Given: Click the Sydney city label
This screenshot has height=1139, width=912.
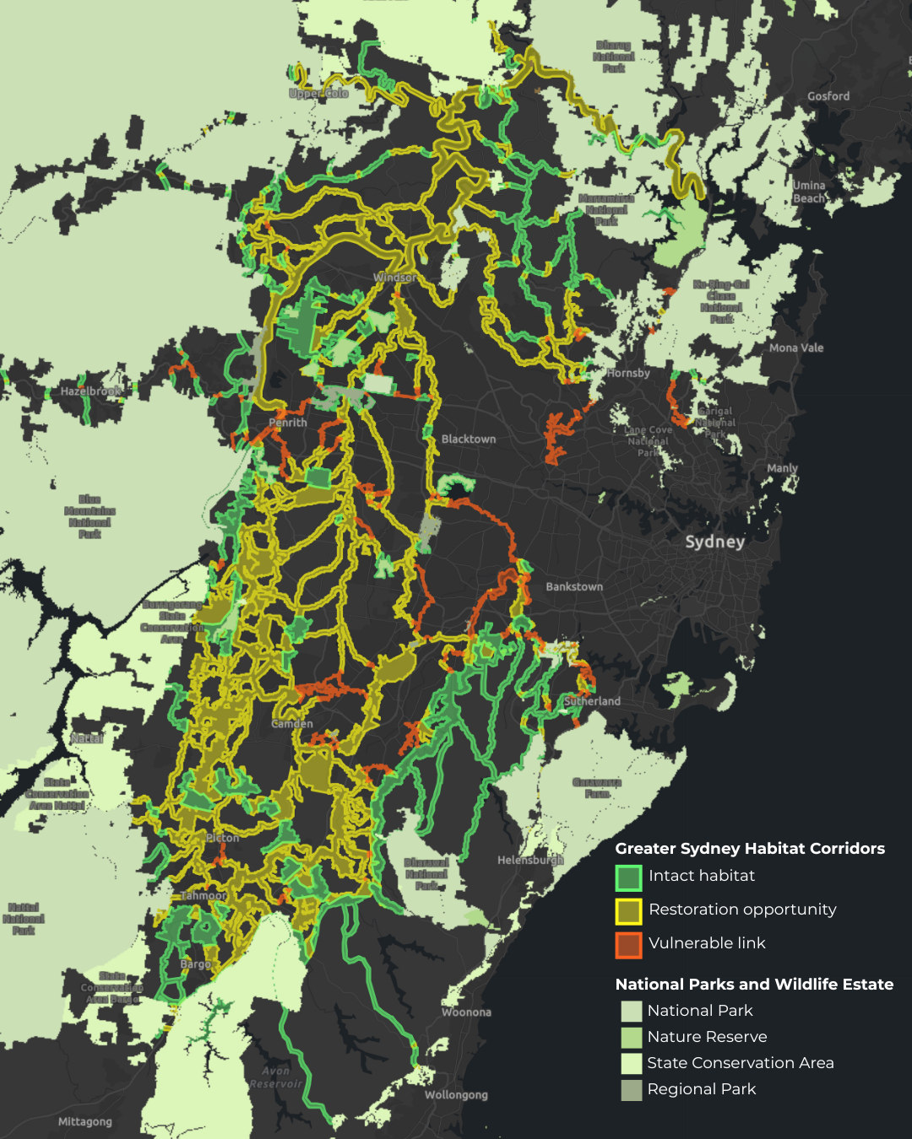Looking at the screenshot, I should coord(714,542).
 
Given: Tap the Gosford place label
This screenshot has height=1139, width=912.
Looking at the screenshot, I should coord(828,96).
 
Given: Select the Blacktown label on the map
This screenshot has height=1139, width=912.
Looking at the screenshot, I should coord(469,439).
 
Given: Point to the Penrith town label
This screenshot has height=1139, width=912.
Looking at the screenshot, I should coord(288,422).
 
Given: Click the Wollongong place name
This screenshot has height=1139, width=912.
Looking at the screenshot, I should coord(456,1094).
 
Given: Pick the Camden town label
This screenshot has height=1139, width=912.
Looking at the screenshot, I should coord(292,724).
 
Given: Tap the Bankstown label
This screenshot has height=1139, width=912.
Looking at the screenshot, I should coord(574,586).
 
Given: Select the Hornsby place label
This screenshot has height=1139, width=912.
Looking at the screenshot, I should coord(628,373).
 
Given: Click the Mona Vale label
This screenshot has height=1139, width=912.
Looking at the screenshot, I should coord(795,348).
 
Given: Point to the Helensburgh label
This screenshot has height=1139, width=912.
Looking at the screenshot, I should coord(530,860).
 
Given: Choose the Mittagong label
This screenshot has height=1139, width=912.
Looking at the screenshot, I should coord(84,1121).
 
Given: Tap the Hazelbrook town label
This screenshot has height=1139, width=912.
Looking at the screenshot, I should coord(90,391).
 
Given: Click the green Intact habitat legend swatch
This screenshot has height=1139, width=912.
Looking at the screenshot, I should coord(628,877).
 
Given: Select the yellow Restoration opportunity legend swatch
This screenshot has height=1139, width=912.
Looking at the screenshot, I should coord(628,911).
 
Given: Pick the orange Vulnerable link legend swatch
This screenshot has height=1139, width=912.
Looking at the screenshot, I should coord(628,945).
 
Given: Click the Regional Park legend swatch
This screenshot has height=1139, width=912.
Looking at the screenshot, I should coord(632,1090).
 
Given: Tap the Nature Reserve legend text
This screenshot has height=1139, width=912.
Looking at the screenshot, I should coord(707,1037).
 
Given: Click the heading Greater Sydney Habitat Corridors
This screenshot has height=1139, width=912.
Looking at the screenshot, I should coord(750,849).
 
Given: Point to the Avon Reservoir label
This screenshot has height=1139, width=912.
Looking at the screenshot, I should coord(275,1077).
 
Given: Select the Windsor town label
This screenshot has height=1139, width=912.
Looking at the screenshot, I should coord(394,277).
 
